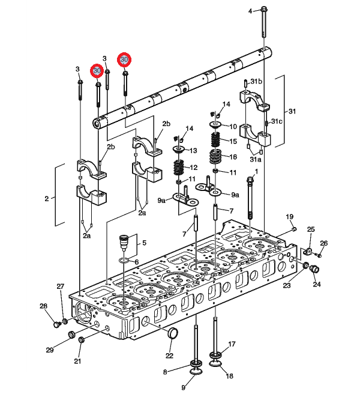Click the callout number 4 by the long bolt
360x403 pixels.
click(250, 11)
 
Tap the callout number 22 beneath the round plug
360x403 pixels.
click(169, 356)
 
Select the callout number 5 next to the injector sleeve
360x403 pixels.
click(144, 243)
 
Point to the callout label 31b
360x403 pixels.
click(256, 81)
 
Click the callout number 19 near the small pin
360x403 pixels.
click(289, 217)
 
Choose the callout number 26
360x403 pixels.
click(324, 243)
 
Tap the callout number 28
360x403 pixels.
click(43, 306)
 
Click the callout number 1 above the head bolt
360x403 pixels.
click(256, 171)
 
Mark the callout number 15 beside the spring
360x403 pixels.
click(233, 141)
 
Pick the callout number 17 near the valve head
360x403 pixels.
click(232, 344)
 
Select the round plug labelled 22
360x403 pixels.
click(173, 333)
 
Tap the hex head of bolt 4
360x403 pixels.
click(264, 10)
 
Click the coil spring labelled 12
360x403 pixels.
click(180, 168)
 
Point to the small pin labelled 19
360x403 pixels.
click(294, 229)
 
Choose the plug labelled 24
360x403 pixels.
click(315, 270)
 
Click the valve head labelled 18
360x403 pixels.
click(216, 363)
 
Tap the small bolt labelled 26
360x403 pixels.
click(318, 255)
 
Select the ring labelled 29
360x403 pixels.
click(71, 335)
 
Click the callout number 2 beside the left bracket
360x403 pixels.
click(46, 199)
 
